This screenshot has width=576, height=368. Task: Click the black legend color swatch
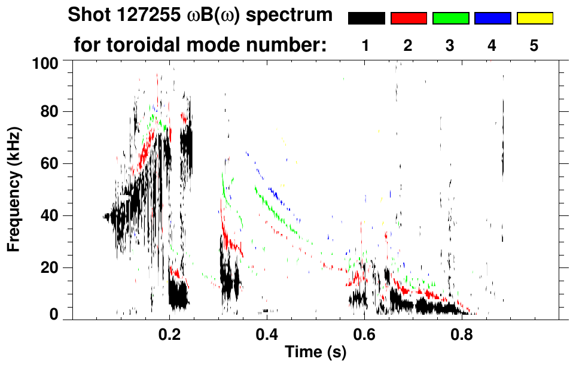[x=366, y=19]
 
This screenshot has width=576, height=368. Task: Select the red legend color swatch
[x=409, y=19]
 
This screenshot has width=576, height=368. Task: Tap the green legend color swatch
[x=450, y=19]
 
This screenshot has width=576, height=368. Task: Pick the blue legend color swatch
[x=492, y=19]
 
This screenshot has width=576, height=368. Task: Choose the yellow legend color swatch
[x=535, y=19]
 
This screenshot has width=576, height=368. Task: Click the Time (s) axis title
[x=315, y=352]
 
